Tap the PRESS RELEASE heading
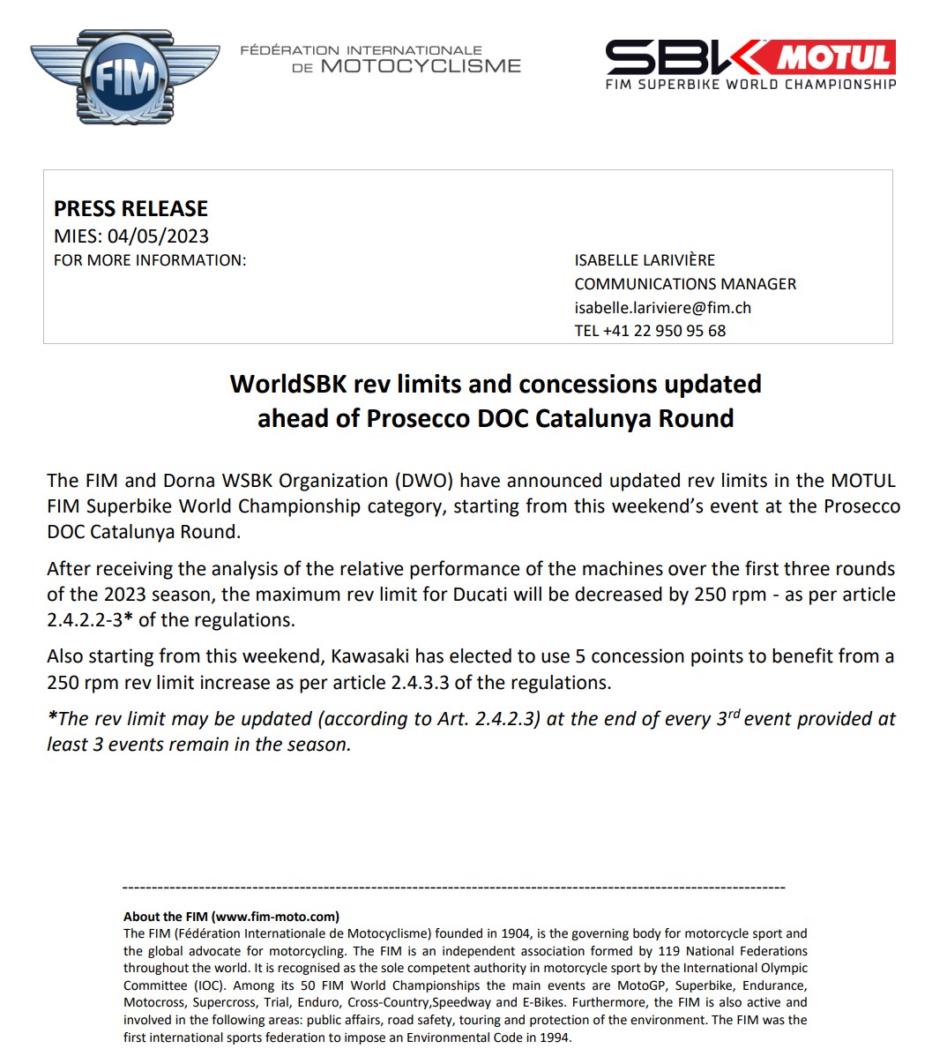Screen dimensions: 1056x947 [x=130, y=209]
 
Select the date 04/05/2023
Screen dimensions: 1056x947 [x=158, y=236]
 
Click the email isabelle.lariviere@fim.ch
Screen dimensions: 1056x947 [x=662, y=308]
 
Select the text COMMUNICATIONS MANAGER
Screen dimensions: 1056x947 [x=685, y=284]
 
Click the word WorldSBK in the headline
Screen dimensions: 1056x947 [x=288, y=385]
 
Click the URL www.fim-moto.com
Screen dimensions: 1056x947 [x=275, y=917]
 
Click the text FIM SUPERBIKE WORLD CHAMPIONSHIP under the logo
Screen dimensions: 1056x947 [x=750, y=85]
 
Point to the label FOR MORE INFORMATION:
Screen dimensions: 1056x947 [x=150, y=260]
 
